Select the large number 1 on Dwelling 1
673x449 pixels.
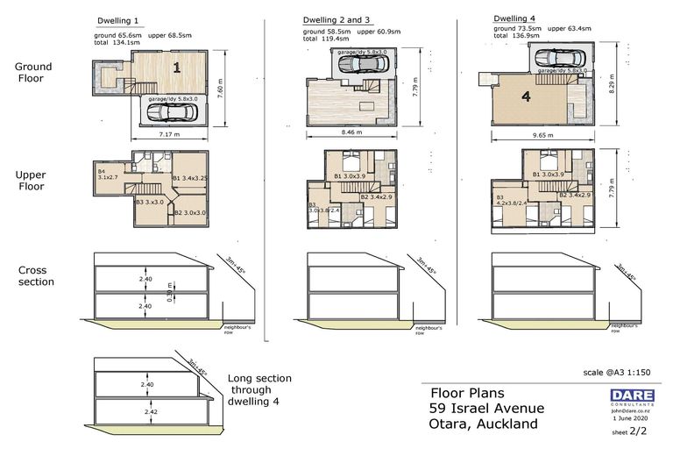tap(177, 67)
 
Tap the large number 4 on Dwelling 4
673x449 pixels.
tap(526, 97)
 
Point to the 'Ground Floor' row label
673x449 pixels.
tap(33, 73)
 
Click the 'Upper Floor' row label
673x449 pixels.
tap(32, 181)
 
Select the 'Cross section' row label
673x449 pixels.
tap(36, 275)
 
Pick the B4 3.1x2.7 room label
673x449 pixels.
tap(109, 175)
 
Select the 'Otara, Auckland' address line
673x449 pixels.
tap(483, 424)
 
